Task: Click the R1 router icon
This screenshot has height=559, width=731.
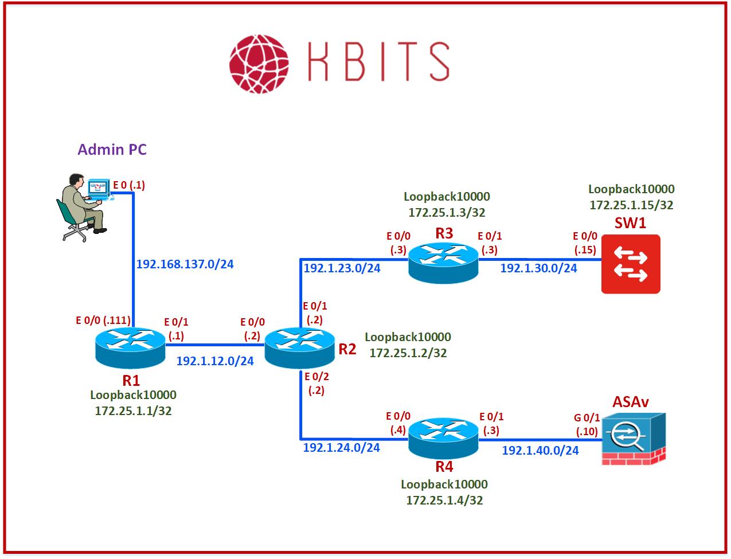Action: [x=130, y=347]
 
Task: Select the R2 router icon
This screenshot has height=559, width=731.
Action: [x=299, y=347]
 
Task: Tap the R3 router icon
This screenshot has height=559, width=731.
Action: [x=443, y=261]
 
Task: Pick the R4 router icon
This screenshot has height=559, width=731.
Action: [x=443, y=437]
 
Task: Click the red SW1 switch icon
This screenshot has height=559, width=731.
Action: [x=631, y=264]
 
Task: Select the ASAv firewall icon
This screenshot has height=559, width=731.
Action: [x=634, y=439]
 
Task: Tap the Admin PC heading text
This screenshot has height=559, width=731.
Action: [x=112, y=150]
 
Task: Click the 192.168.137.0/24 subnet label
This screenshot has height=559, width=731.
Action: [x=185, y=264]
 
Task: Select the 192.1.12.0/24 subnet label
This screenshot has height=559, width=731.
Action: [x=214, y=361]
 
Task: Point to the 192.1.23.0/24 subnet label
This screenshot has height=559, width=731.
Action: [x=342, y=268]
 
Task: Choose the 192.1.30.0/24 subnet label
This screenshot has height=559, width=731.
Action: [x=538, y=268]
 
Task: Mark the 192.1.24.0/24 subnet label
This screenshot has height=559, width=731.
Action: [x=341, y=447]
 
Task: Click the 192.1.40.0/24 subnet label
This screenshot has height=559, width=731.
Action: [x=540, y=450]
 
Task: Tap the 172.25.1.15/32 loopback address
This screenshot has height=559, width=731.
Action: [x=631, y=205]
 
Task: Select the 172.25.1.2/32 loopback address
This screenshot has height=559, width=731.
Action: [x=408, y=353]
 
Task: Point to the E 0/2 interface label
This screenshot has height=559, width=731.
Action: [x=316, y=377]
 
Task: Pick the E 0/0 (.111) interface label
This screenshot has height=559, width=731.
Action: [x=103, y=320]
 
